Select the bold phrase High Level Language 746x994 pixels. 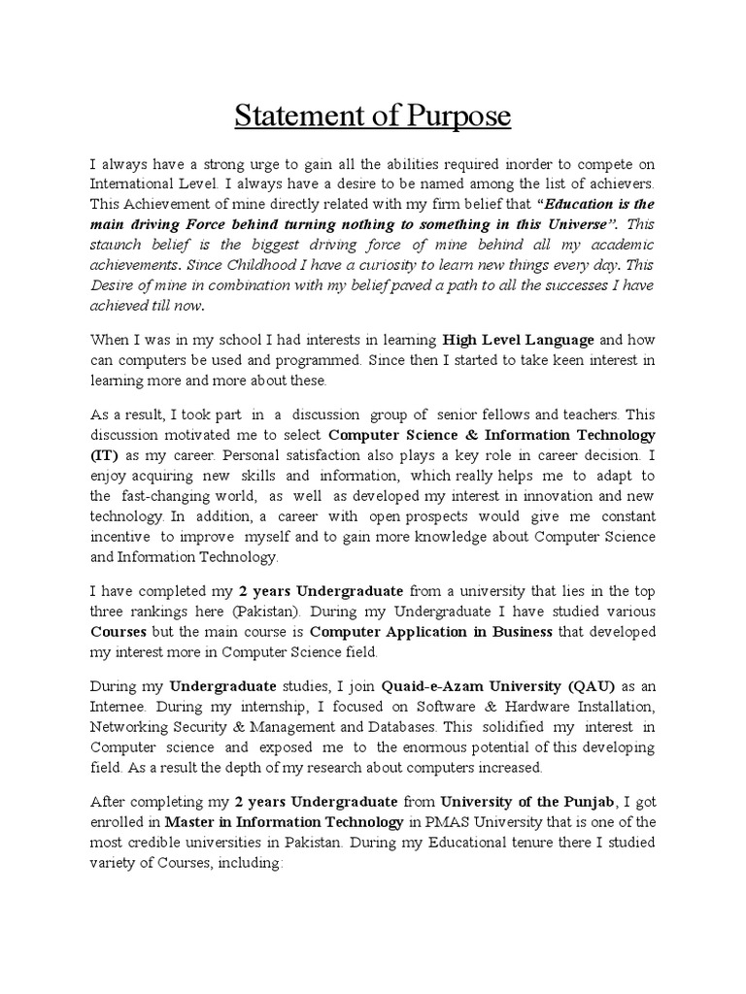(x=519, y=340)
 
